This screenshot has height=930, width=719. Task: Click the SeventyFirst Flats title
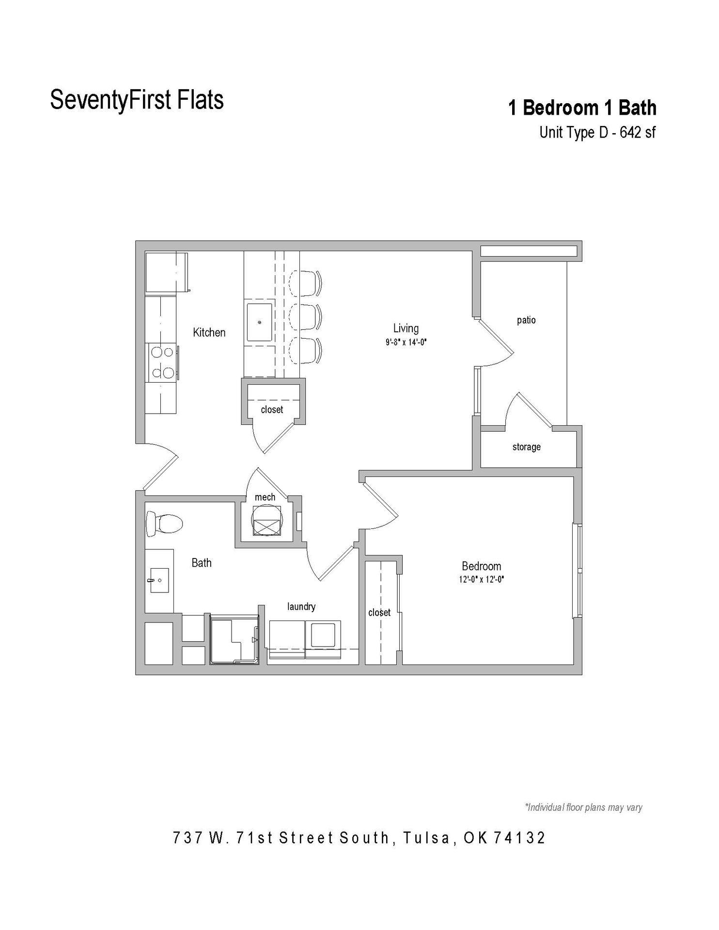(x=137, y=99)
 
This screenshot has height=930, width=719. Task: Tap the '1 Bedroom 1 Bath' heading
(x=581, y=108)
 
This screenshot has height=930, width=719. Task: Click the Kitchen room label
(x=209, y=332)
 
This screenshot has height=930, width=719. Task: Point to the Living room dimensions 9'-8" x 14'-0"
(x=406, y=342)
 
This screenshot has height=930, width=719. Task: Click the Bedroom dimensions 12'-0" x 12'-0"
(x=481, y=579)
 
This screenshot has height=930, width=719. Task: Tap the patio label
(x=526, y=320)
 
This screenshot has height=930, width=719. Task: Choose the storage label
(x=526, y=447)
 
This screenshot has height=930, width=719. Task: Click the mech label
(x=265, y=497)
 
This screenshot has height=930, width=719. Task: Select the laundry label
(x=301, y=606)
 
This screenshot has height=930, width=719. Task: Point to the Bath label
(x=202, y=563)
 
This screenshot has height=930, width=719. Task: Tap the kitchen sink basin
(x=260, y=322)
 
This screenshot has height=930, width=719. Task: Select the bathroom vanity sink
(x=158, y=580)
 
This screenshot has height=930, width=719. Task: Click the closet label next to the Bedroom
(x=379, y=613)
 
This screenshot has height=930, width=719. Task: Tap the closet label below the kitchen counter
(x=272, y=410)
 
